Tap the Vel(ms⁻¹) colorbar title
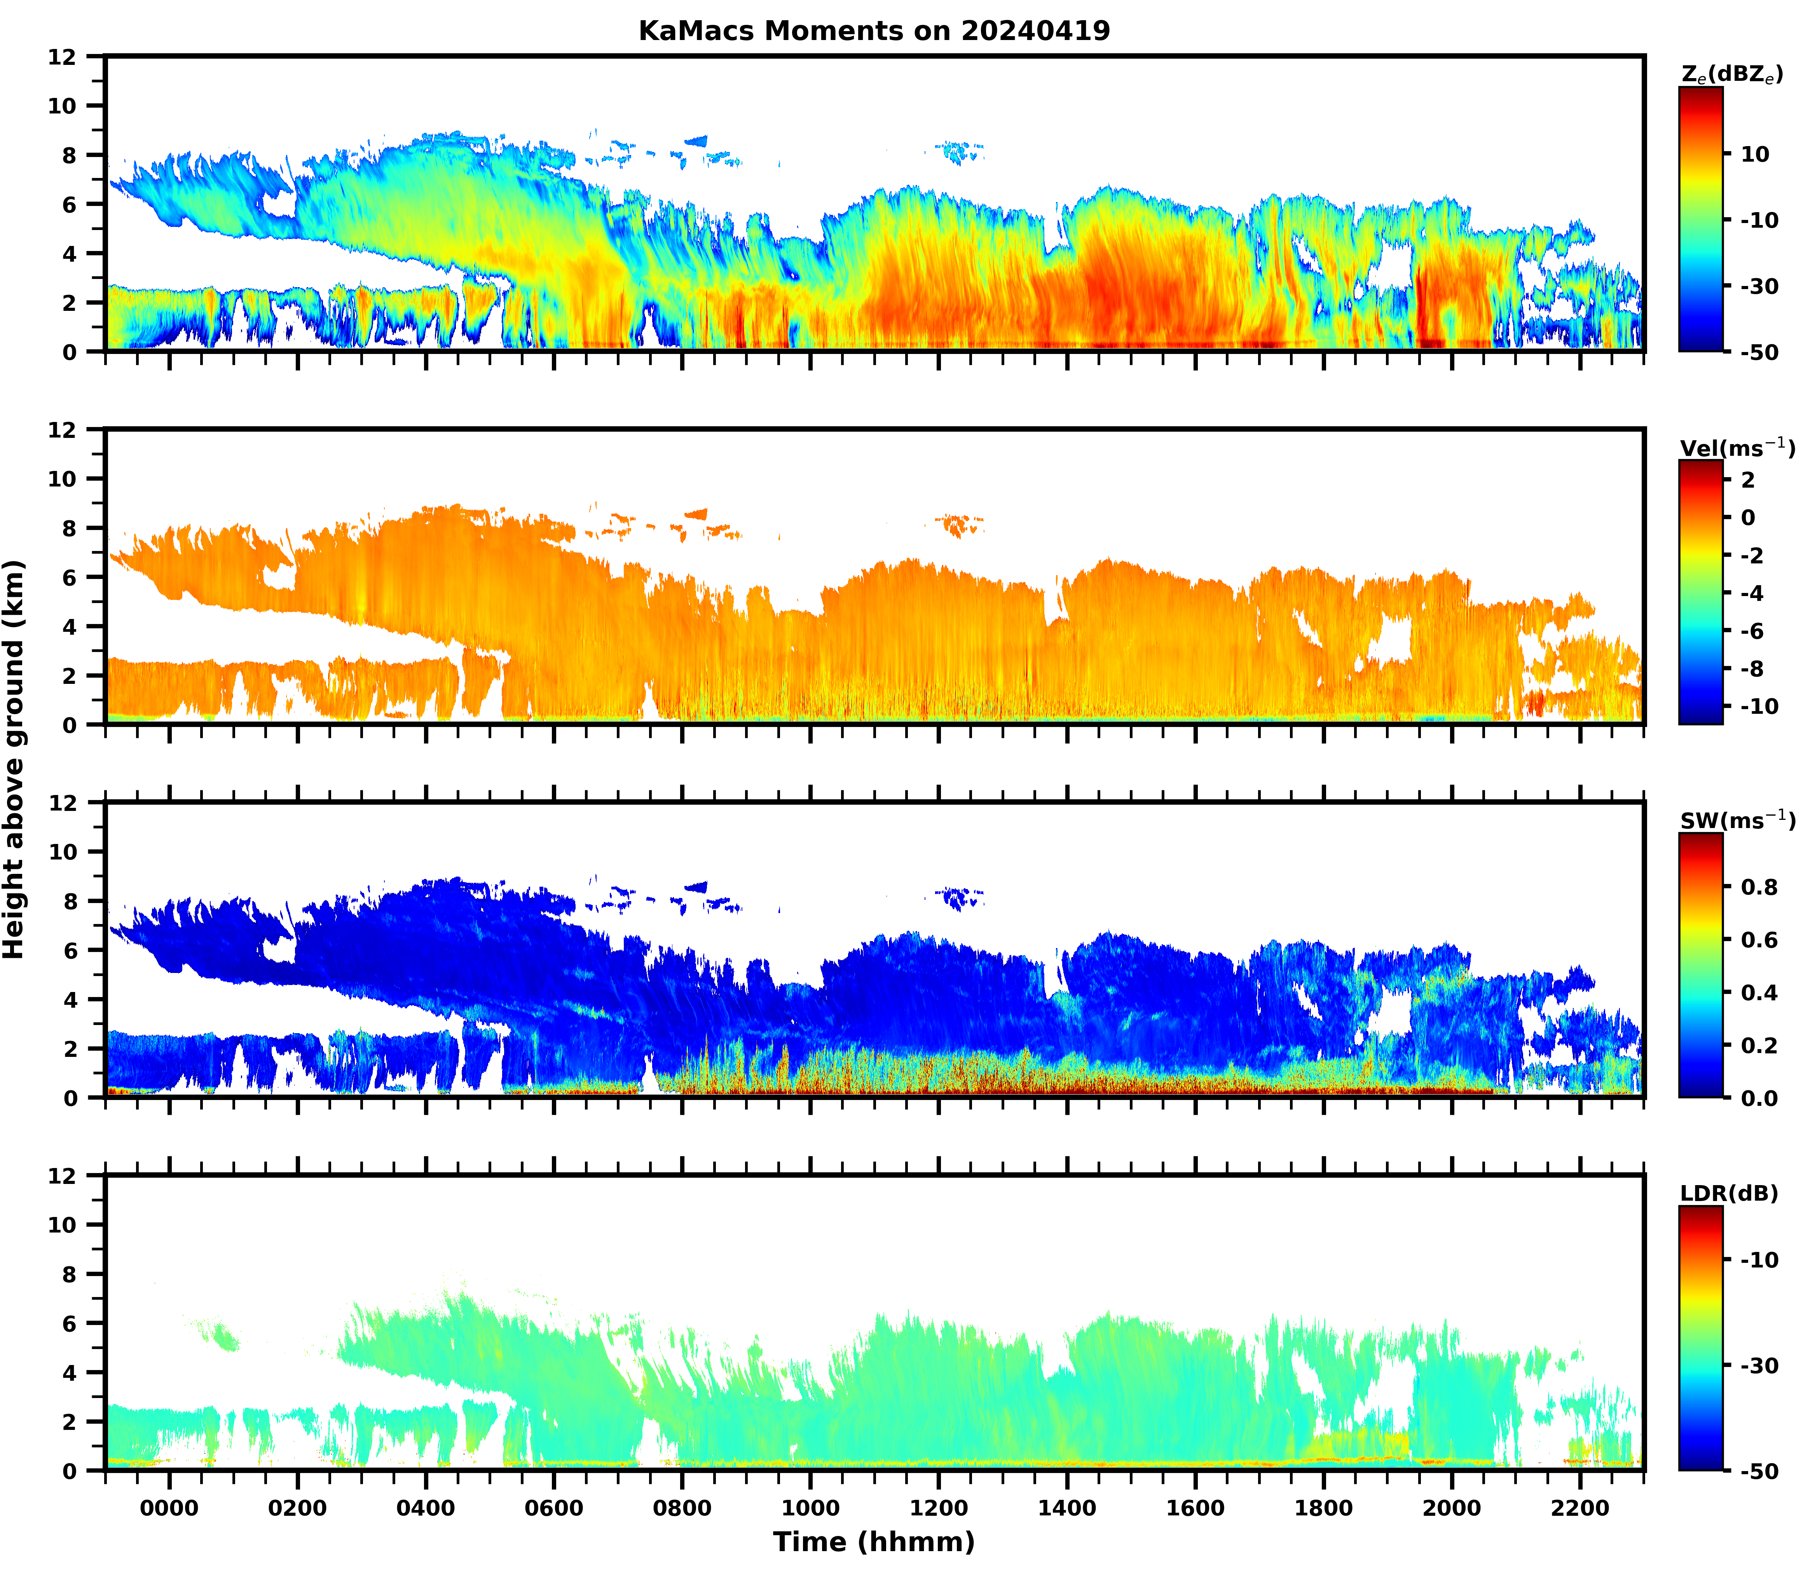[1737, 448]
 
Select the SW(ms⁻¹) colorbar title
[1737, 821]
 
